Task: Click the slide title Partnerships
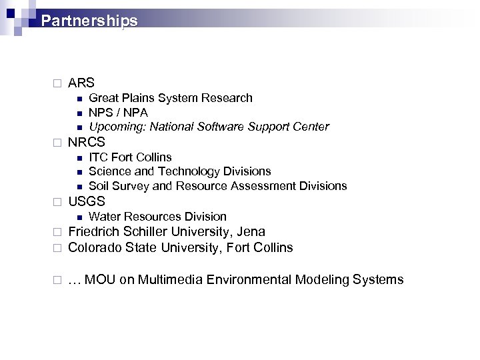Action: coord(89,21)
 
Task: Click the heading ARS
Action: coord(81,83)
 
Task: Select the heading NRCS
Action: coord(87,142)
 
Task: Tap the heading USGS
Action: coord(87,201)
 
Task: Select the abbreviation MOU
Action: coord(101,279)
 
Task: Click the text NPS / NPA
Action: coord(118,113)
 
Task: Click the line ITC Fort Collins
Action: coord(130,157)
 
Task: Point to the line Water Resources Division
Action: coord(157,217)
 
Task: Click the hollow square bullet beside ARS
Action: coord(57,84)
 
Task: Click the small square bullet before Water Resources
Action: coord(78,217)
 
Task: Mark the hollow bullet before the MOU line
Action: coord(57,280)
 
